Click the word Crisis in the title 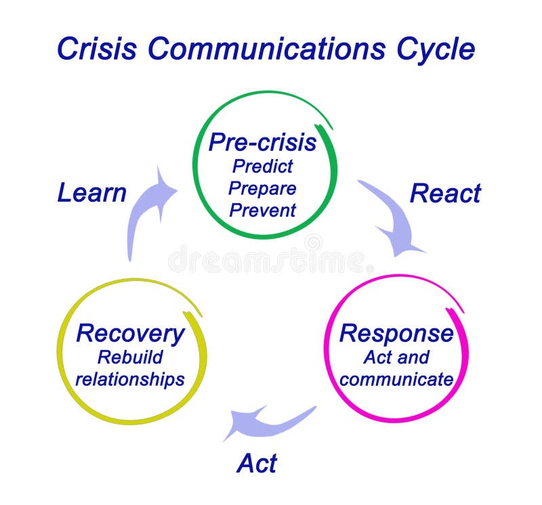[x=97, y=49]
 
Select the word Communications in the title [x=266, y=49]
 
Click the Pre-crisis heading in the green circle [x=262, y=142]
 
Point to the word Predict [x=262, y=166]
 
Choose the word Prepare [x=262, y=188]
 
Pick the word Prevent [x=262, y=210]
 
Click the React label [x=445, y=194]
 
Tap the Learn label [x=91, y=193]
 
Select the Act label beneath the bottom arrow [x=257, y=464]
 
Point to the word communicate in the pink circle [x=396, y=379]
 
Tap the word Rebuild [x=130, y=357]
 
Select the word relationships [x=130, y=379]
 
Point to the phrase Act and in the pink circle [x=396, y=357]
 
